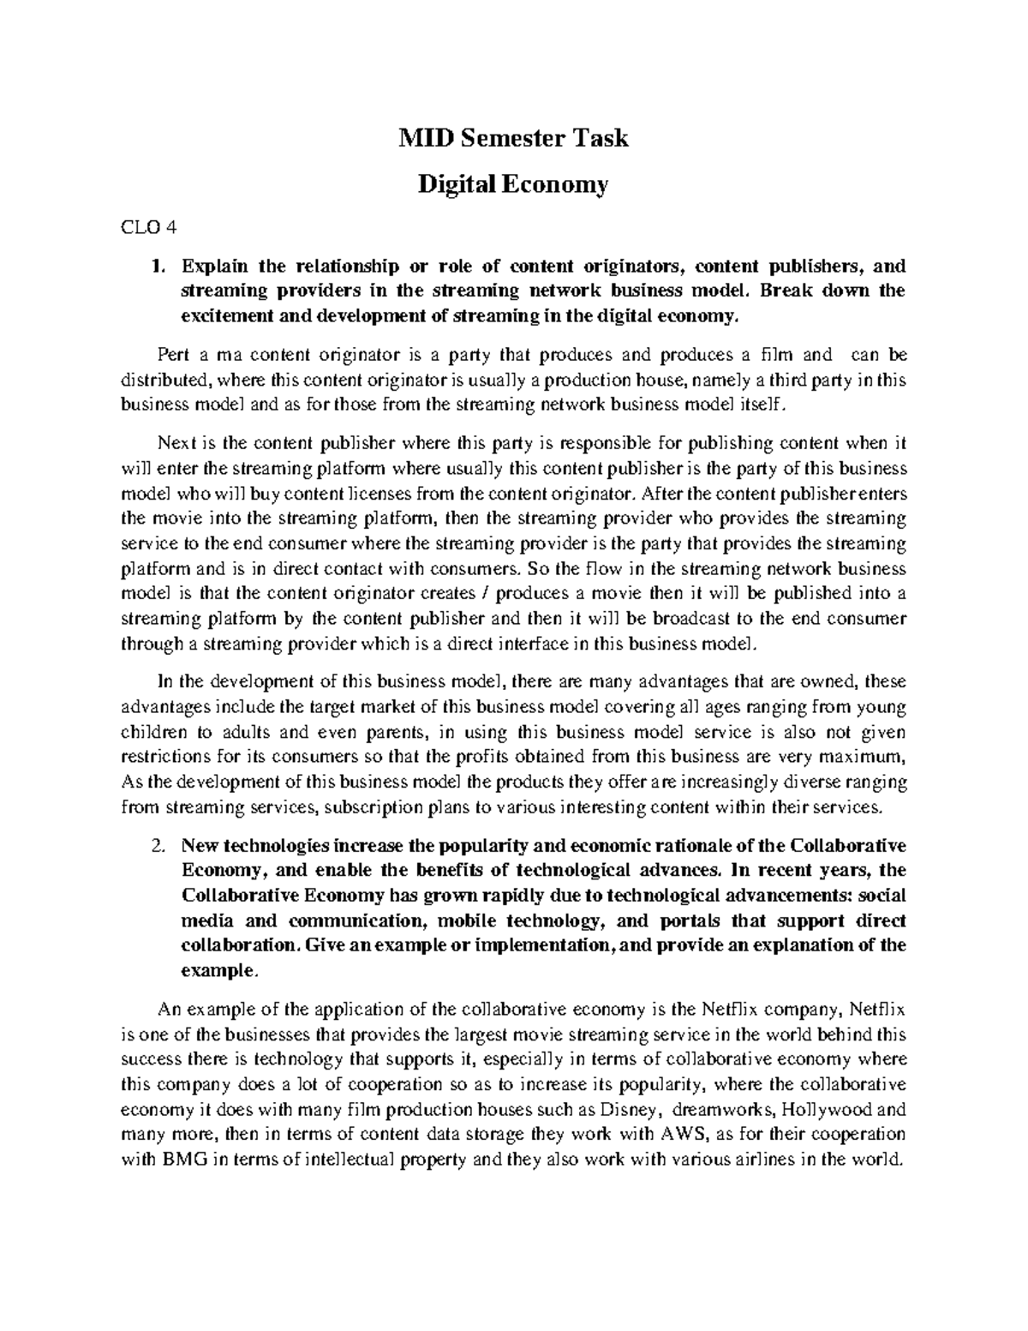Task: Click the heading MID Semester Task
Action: click(x=513, y=137)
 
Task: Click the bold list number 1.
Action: click(x=155, y=266)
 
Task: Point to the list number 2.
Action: click(x=155, y=845)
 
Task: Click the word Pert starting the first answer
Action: click(x=174, y=354)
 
